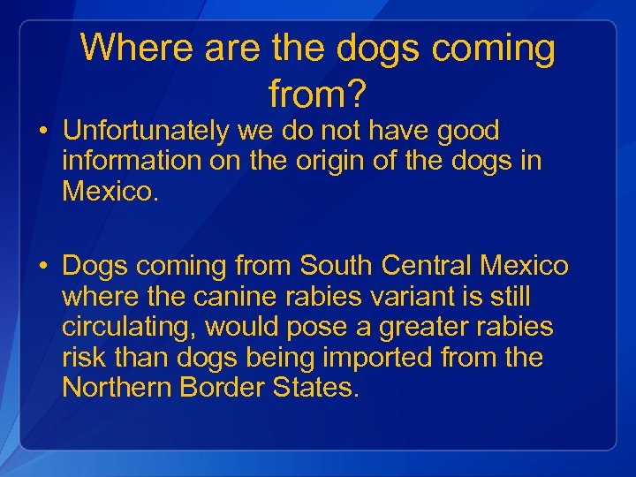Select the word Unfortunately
point(145,132)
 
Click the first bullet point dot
point(42,133)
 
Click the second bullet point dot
point(42,267)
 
